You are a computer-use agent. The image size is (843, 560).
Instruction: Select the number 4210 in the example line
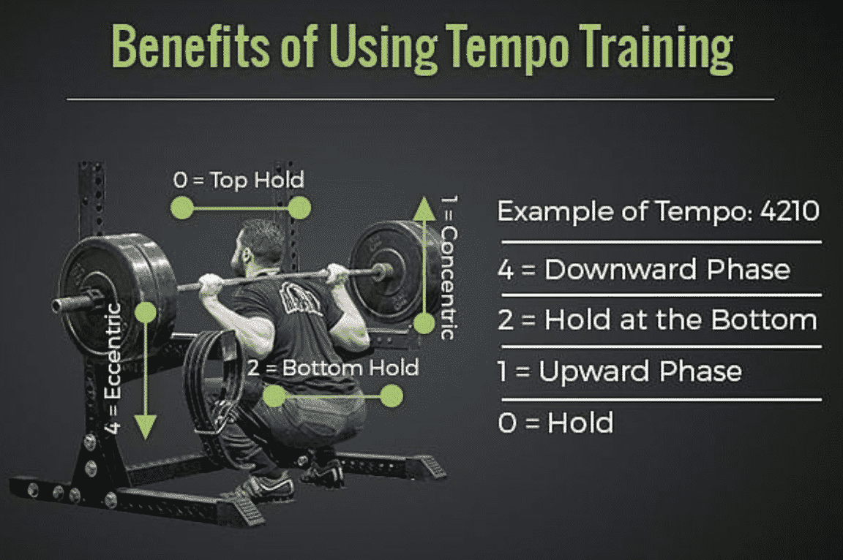[x=790, y=211]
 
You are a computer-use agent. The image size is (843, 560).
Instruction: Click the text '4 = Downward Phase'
[x=643, y=270]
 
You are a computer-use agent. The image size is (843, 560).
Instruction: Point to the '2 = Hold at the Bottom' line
[x=657, y=320]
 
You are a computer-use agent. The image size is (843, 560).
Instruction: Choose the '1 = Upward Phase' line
[x=620, y=371]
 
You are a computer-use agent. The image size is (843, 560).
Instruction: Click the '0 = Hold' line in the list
[x=555, y=423]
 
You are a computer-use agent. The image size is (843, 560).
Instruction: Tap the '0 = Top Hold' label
[x=239, y=181]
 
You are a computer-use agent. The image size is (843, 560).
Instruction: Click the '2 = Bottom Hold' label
[x=333, y=368]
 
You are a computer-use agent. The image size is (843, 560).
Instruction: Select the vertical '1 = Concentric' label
[x=449, y=267]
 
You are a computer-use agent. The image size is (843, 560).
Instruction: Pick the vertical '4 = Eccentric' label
[x=113, y=369]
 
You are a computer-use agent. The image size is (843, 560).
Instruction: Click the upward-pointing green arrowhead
[x=424, y=209]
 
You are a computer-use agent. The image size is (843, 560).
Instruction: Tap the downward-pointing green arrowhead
[x=145, y=428]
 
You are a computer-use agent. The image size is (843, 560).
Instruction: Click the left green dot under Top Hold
[x=181, y=208]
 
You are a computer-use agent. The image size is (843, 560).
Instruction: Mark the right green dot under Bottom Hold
[x=391, y=396]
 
